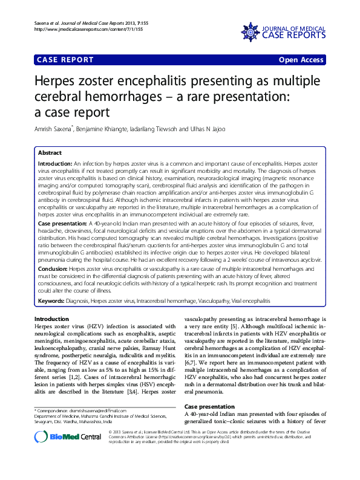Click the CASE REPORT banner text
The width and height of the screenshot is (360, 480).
click(65, 60)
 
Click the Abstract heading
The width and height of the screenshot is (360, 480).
click(50, 154)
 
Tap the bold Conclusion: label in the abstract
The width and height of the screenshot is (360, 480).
click(53, 285)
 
